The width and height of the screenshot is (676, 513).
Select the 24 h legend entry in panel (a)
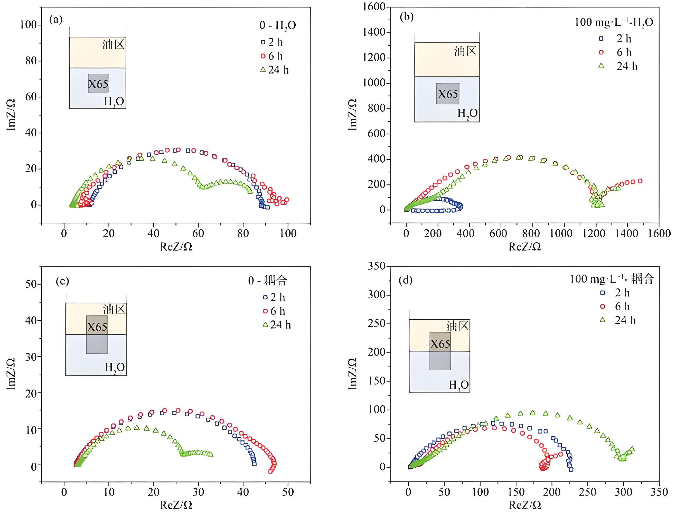(x=275, y=70)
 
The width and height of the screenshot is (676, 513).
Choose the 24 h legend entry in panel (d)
(x=618, y=320)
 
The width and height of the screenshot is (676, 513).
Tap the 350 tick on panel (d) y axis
(x=377, y=266)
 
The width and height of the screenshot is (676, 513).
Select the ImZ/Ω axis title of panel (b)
(x=353, y=114)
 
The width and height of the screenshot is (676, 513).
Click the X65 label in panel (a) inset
(x=98, y=84)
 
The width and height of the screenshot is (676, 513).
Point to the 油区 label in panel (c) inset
(x=114, y=309)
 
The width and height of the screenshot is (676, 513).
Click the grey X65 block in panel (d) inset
(x=440, y=351)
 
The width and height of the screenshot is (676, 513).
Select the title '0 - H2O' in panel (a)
(x=278, y=25)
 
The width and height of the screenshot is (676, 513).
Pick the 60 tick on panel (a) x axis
(x=198, y=234)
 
